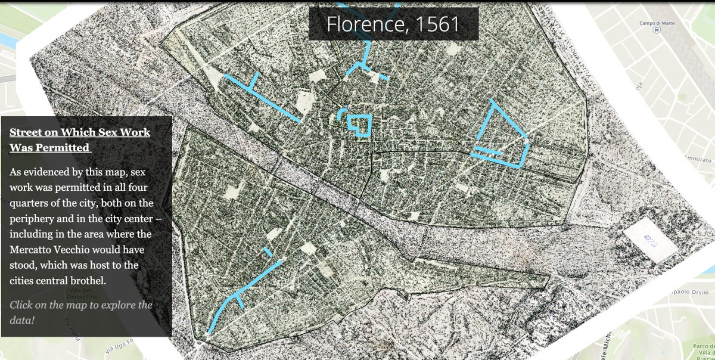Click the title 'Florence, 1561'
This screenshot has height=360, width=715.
tap(393, 24)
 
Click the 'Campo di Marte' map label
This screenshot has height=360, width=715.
tap(656, 23)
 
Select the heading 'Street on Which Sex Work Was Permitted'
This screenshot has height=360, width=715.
tap(80, 139)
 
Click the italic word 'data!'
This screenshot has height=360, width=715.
tap(22, 320)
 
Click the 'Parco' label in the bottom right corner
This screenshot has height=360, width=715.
tap(704, 339)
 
